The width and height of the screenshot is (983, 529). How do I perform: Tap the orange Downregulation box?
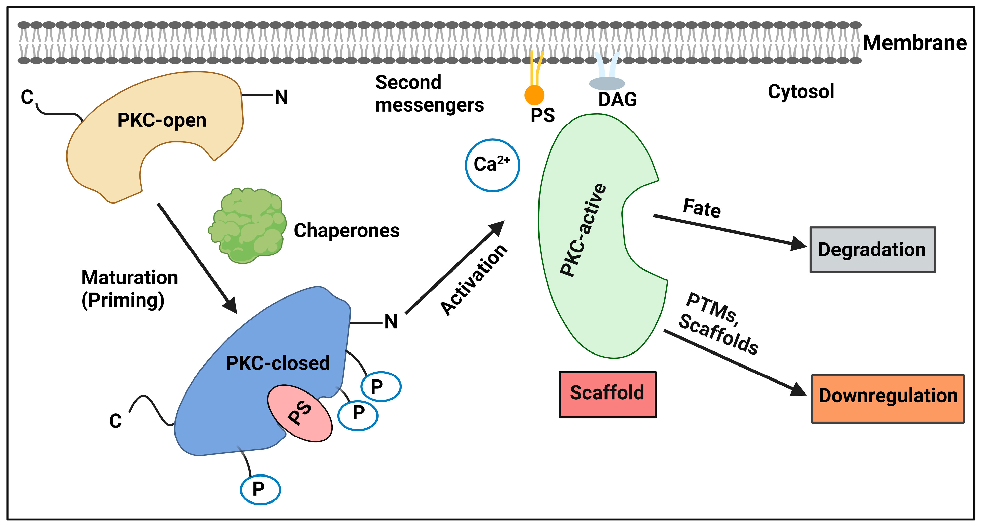887,399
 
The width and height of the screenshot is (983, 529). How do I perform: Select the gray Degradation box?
873,250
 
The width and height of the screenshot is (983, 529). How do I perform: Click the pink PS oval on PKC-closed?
300,413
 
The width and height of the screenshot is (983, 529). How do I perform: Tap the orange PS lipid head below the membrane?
534,95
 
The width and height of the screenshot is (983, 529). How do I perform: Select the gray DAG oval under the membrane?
607,84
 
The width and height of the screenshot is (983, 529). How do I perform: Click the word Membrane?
915,43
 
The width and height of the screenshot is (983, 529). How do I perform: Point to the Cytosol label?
801,92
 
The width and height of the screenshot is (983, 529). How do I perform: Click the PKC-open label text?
162,120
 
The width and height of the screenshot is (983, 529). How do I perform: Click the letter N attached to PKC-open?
281,97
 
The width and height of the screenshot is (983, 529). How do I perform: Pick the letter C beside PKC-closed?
115,421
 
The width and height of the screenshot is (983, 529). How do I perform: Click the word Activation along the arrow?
474,280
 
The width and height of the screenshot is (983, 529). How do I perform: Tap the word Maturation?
130,277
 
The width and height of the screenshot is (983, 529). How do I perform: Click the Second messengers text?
429,93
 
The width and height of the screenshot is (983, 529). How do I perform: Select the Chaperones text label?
346,230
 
